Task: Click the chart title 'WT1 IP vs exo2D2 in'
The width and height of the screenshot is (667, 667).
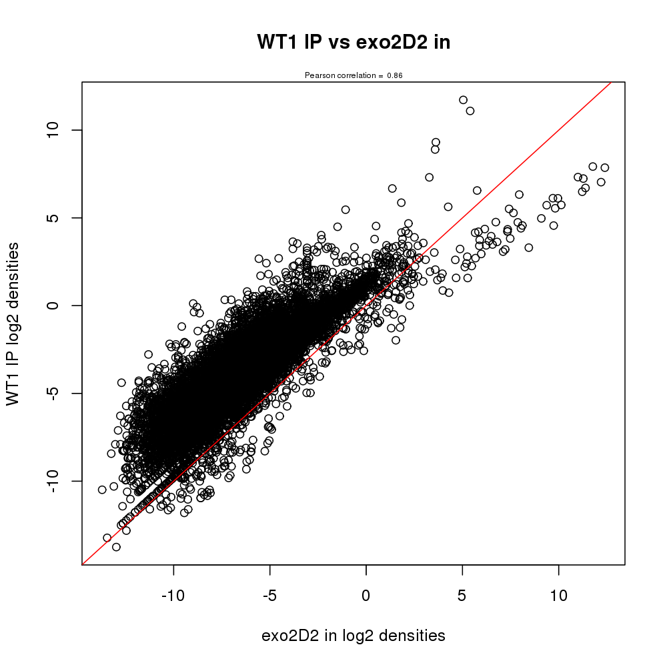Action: pos(354,42)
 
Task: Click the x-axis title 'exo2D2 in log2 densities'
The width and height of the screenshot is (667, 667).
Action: pos(354,636)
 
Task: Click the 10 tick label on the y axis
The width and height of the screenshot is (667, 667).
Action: pos(55,129)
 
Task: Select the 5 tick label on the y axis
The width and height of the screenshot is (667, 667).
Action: pos(55,217)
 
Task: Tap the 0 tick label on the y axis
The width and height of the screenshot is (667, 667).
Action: pos(55,305)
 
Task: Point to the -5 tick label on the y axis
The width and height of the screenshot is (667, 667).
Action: pos(55,394)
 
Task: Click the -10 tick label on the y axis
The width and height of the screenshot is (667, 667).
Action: pos(55,481)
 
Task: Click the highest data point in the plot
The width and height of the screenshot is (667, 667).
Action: pos(463,100)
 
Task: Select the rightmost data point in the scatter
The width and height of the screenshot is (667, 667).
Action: pos(605,167)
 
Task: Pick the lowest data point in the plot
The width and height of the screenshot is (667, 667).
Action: pos(116,547)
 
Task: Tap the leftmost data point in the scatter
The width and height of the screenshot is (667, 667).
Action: pos(102,490)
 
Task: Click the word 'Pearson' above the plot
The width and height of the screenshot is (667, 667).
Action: pos(318,75)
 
